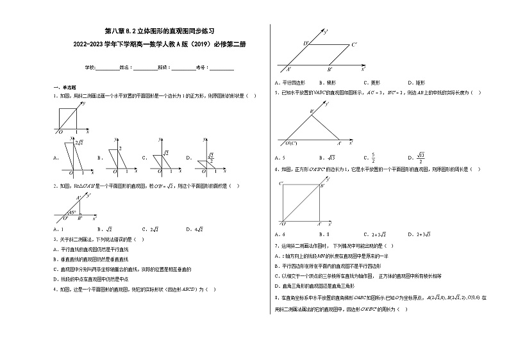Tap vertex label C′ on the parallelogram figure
354,44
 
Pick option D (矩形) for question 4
414,83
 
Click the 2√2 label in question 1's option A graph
79,142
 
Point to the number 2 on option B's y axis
121,149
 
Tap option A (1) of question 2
59,229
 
